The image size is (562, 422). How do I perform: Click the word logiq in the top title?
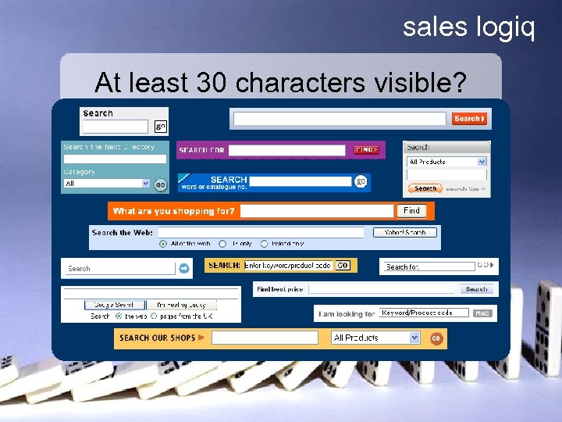point(505,28)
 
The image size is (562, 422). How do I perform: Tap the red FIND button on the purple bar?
point(366,150)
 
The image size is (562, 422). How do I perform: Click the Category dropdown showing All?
point(107,184)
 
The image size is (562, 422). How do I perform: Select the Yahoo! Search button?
point(405,232)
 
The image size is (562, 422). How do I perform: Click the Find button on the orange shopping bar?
point(411,211)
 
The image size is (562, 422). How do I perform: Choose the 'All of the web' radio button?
point(163,244)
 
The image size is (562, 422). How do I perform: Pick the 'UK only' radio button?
point(222,244)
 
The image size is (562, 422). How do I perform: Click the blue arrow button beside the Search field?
point(183,268)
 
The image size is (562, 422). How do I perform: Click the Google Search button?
point(114,304)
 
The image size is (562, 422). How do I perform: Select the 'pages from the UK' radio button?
point(154,316)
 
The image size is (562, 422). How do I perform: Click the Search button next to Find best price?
point(476,289)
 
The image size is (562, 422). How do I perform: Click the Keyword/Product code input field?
point(424,313)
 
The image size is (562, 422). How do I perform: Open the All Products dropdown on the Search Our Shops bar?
point(376,338)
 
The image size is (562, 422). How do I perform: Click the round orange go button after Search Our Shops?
point(436,338)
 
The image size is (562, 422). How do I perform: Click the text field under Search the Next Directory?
point(115,159)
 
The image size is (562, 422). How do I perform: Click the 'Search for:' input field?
point(429,267)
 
